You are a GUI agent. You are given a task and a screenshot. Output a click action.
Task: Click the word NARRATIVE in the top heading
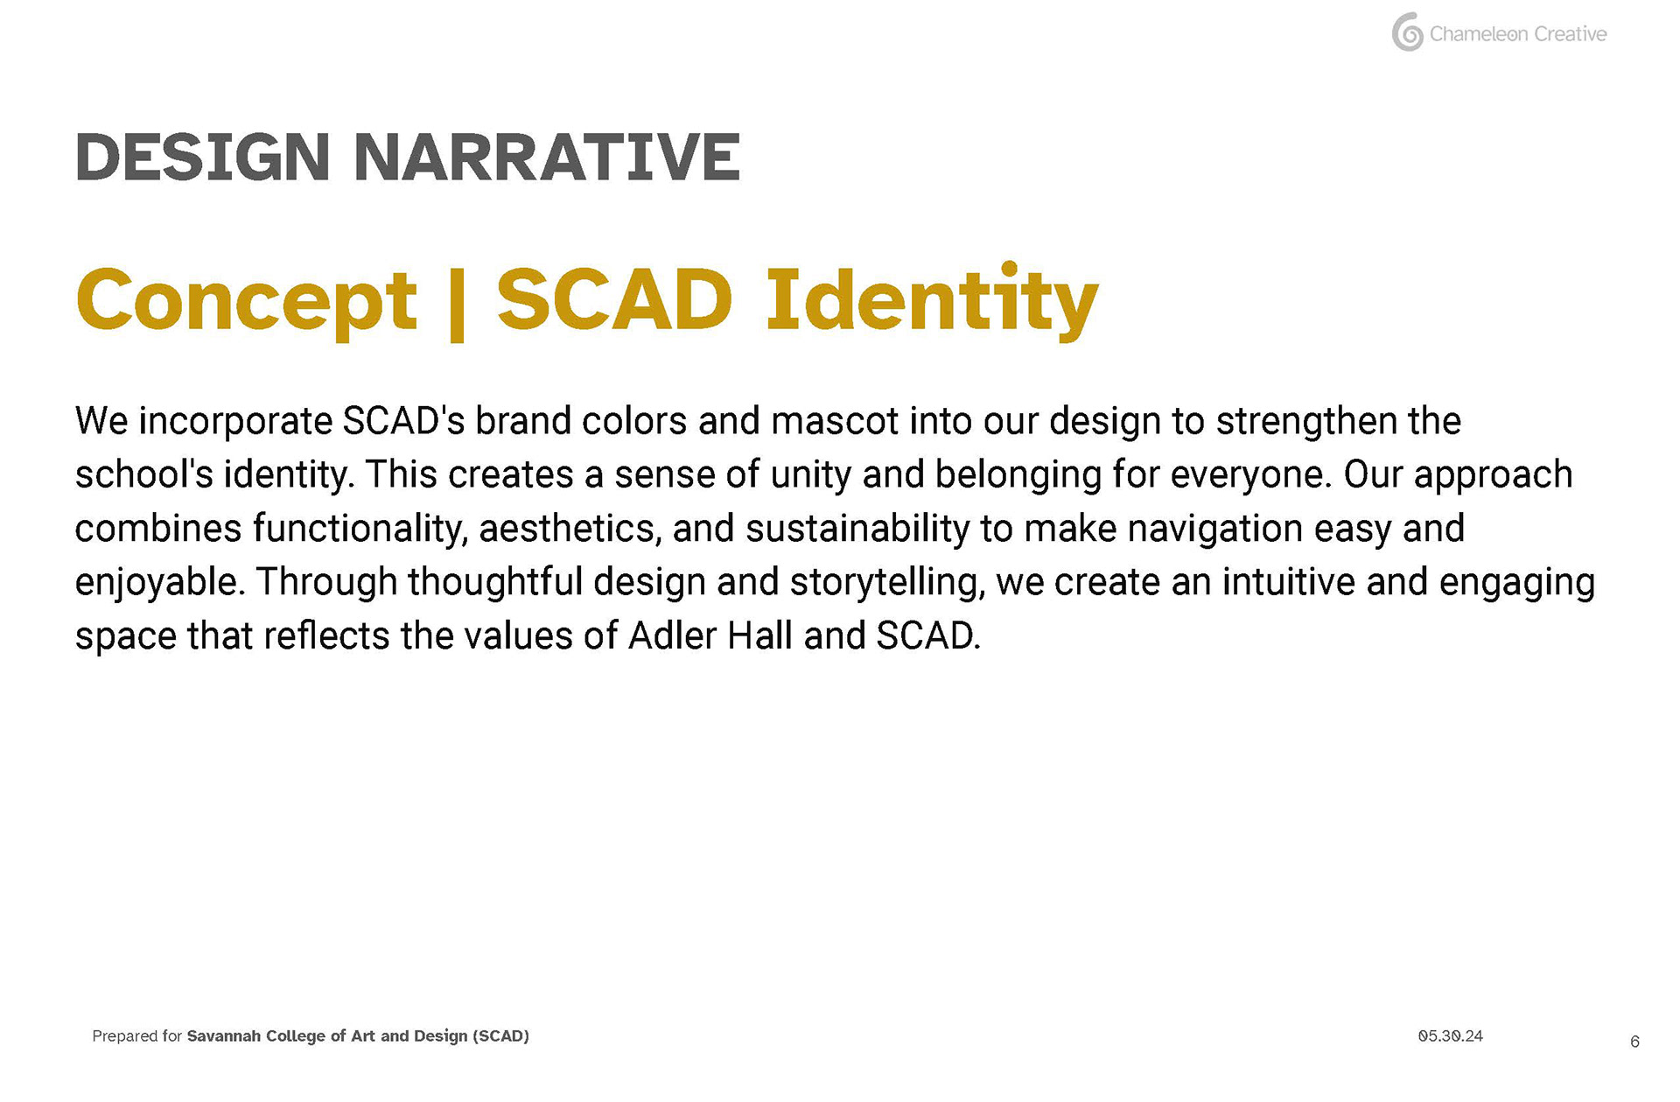[547, 158]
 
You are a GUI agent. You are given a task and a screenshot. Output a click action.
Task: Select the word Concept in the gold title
[247, 301]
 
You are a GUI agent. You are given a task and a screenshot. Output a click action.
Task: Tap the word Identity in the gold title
[932, 301]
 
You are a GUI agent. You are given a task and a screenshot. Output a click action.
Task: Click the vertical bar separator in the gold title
[456, 304]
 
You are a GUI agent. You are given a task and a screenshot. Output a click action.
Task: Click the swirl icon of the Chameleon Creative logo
[1407, 32]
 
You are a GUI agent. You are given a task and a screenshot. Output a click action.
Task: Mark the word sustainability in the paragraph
[857, 530]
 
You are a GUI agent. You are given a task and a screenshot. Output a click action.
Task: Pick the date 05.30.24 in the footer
[1451, 1036]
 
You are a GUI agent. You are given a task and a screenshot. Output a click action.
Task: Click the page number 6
[1634, 1042]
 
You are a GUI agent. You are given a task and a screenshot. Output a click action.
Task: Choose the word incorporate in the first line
[235, 422]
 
